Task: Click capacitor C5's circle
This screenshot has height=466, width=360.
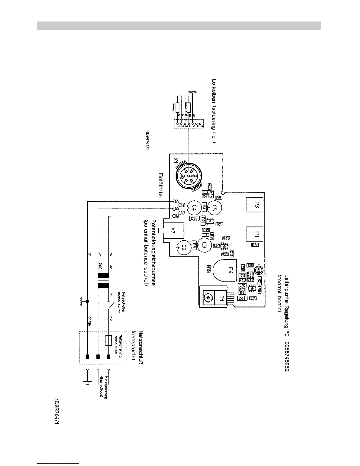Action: point(215,208)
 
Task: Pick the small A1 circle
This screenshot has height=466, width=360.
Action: point(259,269)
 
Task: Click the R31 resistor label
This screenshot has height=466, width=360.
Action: point(255,244)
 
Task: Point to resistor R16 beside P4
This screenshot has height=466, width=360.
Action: point(209,268)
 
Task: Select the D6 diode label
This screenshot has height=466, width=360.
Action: point(241,298)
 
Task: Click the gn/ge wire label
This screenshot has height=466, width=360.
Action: point(89,319)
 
